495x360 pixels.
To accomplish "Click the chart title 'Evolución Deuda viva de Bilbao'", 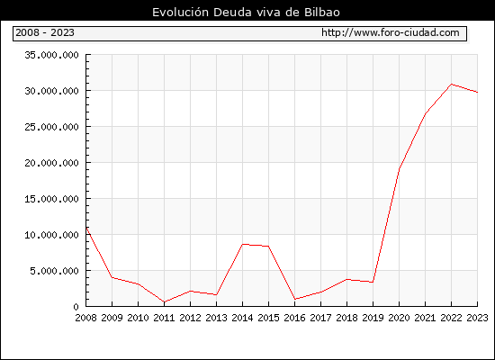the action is [246, 13].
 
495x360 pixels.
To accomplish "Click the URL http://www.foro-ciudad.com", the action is [391, 32].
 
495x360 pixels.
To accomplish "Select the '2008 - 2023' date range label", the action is [45, 32].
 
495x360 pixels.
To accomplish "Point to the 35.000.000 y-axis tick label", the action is [51, 55].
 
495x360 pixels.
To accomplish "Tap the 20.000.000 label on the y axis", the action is [51, 163].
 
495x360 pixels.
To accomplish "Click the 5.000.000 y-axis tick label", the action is [54, 271].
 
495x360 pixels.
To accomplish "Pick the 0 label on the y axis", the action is [76, 307].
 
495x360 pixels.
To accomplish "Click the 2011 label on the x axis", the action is [164, 318].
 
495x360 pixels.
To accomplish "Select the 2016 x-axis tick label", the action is [294, 318].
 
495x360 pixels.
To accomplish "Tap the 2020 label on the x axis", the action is [399, 318].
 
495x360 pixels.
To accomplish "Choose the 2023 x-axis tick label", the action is [477, 318].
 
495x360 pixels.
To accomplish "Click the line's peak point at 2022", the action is [452, 85].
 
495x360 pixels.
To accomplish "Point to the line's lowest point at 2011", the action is [164, 301].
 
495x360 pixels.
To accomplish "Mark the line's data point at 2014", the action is [242, 244].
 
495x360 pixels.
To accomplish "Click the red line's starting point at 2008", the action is [86, 228].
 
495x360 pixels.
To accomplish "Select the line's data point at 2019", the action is [373, 282].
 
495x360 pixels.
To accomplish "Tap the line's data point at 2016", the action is [294, 299].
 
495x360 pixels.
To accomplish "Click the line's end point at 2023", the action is [477, 92].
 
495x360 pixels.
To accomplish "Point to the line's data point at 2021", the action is [425, 113].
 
